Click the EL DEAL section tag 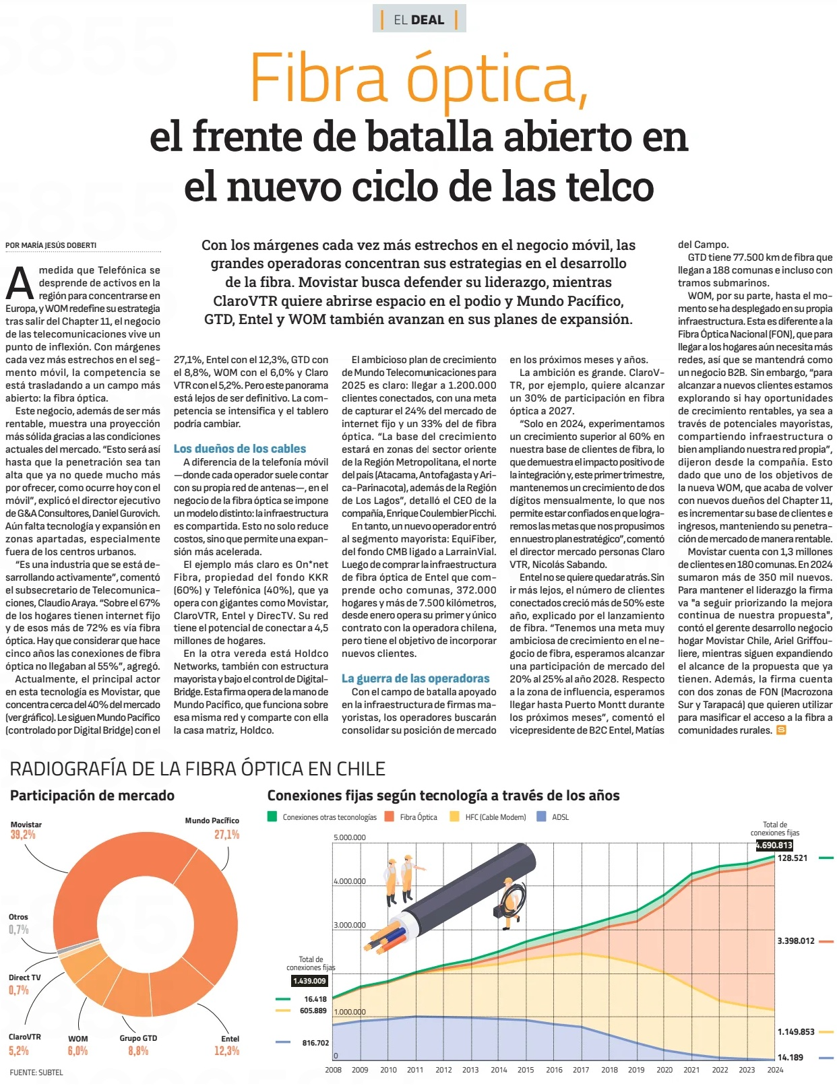(x=418, y=20)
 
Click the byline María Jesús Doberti (x=51, y=245)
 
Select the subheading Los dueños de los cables (x=240, y=449)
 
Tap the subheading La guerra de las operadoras (x=416, y=678)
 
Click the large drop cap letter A (x=20, y=283)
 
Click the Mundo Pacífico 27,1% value (x=227, y=835)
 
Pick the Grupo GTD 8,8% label (x=138, y=1045)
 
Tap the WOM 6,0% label (x=77, y=1045)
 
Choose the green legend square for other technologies (x=272, y=817)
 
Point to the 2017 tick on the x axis (x=581, y=1069)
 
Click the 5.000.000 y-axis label (x=350, y=838)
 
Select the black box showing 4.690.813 (x=774, y=845)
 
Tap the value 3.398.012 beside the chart (x=795, y=941)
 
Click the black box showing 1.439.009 (x=309, y=981)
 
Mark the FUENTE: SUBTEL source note (x=36, y=1072)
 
